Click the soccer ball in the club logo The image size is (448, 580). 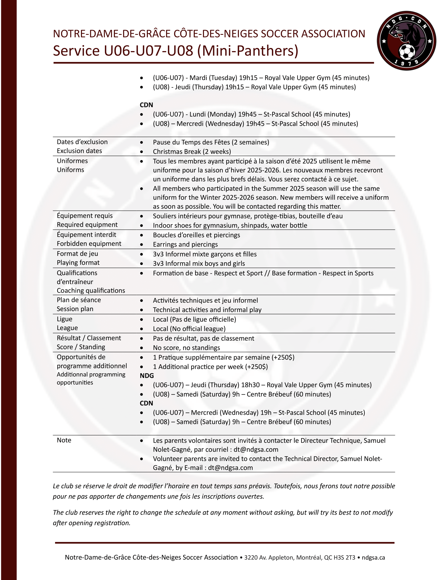pyautogui.click(x=407, y=51)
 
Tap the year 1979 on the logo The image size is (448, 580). pyautogui.click(x=406, y=63)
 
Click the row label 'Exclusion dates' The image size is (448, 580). pyautogui.click(x=79, y=151)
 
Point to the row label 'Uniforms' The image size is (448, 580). pyautogui.click(x=70, y=170)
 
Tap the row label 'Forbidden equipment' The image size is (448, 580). pyautogui.click(x=89, y=244)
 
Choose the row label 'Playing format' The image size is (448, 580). pyautogui.click(x=78, y=263)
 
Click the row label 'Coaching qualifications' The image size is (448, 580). pyautogui.click(x=91, y=291)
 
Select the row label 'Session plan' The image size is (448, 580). pyautogui.click(x=75, y=309)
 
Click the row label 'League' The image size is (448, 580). pyautogui.click(x=67, y=328)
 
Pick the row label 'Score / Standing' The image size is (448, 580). pyautogui.click(x=81, y=347)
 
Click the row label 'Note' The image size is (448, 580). pyautogui.click(x=64, y=440)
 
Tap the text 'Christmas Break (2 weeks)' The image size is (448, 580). pyautogui.click(x=192, y=152)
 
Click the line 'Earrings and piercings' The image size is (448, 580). pyautogui.click(x=185, y=244)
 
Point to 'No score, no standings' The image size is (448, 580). pyautogui.click(x=186, y=348)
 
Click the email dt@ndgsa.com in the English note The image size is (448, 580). pyautogui.click(x=230, y=468)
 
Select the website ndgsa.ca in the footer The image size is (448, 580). pyautogui.click(x=373, y=557)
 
